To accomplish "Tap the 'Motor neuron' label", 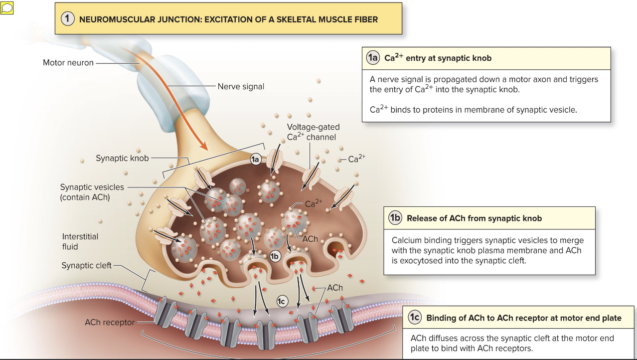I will tap(68, 63).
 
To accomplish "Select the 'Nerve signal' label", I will tap(241, 86).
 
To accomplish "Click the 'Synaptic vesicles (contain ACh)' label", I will tap(92, 192).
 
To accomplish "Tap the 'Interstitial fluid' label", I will tap(80, 241).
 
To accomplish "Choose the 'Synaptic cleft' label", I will tap(87, 265).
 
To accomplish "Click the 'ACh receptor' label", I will tap(109, 322).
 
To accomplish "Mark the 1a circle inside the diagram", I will tap(256, 159).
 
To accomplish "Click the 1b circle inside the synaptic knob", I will tap(275, 256).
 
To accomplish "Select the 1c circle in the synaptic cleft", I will tap(282, 301).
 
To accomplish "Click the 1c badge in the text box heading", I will tap(415, 318).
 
